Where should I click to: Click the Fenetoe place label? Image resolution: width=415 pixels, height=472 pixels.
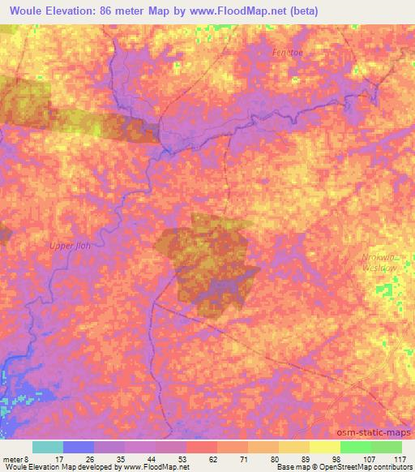287,52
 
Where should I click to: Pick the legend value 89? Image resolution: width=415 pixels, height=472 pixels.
294,459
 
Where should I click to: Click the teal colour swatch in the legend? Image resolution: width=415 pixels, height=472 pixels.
48,447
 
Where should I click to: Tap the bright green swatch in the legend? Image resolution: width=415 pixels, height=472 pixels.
355,447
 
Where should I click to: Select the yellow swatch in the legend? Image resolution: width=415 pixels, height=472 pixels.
324,447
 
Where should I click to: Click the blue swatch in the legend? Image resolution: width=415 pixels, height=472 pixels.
79,447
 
